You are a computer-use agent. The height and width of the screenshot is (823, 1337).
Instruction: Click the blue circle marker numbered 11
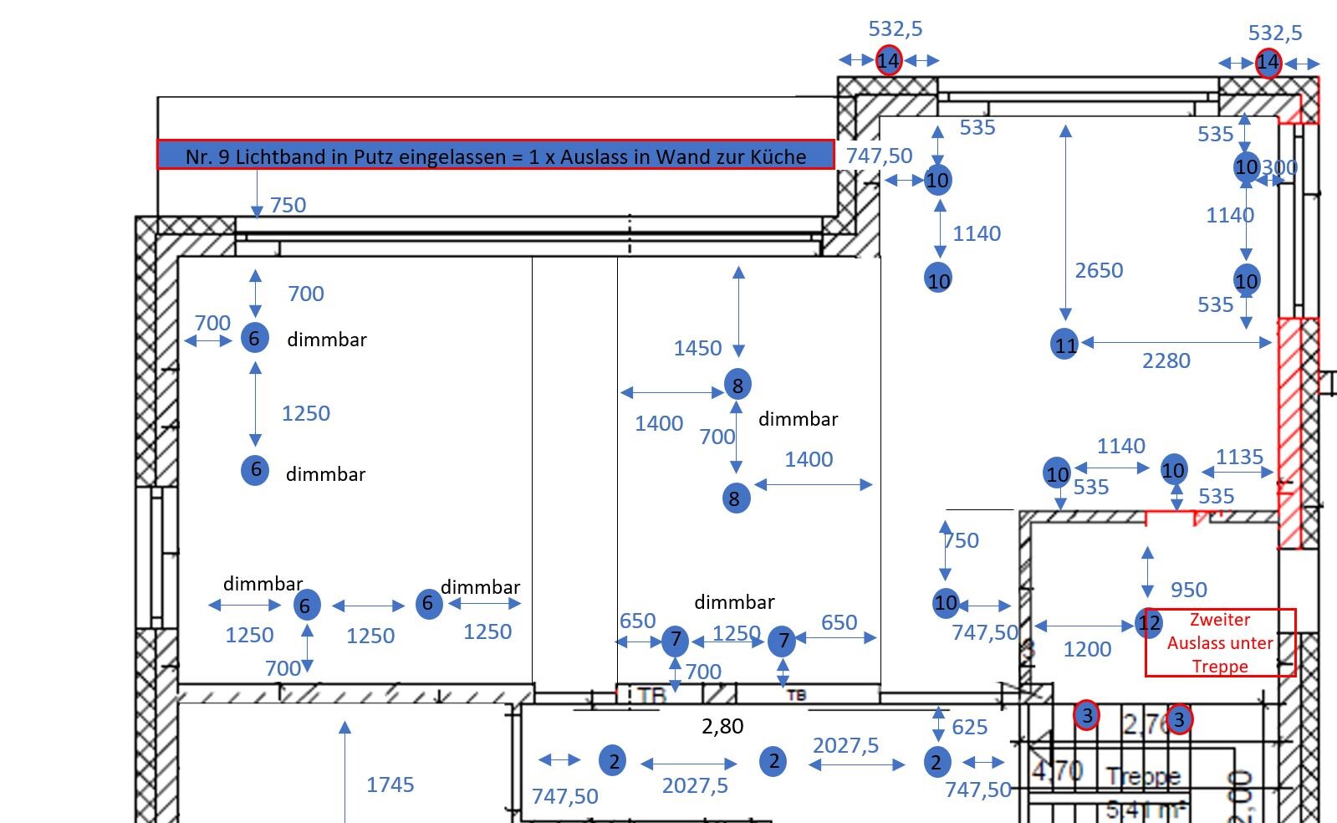click(x=1064, y=344)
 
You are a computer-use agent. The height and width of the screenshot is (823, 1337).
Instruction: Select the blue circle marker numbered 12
click(x=1149, y=622)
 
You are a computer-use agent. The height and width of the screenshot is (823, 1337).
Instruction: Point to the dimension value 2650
click(x=1099, y=270)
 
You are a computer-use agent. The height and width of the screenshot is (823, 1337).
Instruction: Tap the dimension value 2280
click(x=1166, y=360)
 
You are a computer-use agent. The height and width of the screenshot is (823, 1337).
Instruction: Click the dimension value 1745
click(x=390, y=784)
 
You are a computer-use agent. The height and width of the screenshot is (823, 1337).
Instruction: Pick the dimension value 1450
click(x=697, y=348)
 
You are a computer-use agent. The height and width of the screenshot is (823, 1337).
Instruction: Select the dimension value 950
click(x=1188, y=590)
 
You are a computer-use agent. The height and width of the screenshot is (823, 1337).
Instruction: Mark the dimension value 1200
click(x=1087, y=649)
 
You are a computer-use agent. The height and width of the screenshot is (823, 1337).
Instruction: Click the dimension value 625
click(x=969, y=727)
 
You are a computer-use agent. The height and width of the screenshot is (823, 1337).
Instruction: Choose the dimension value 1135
click(x=1239, y=457)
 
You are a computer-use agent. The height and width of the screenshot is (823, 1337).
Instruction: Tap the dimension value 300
click(x=1279, y=167)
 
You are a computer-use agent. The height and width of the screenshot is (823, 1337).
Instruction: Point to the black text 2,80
click(x=722, y=726)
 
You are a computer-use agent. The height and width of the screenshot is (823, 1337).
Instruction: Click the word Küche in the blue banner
click(x=777, y=156)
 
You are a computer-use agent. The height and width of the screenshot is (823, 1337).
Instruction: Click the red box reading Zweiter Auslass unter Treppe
click(x=1220, y=642)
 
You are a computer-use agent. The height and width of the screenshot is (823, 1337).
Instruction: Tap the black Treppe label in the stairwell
click(x=1142, y=777)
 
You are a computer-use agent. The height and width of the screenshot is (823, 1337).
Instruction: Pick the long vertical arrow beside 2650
click(x=1065, y=222)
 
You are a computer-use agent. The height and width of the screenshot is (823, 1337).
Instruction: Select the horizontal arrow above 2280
click(x=1176, y=342)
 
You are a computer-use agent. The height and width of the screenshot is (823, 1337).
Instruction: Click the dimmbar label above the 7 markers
click(x=734, y=602)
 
